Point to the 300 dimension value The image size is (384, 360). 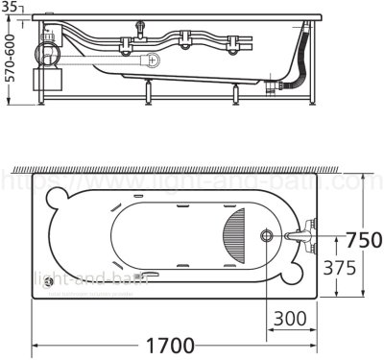point(292,317)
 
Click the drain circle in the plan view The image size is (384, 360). point(266,235)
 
